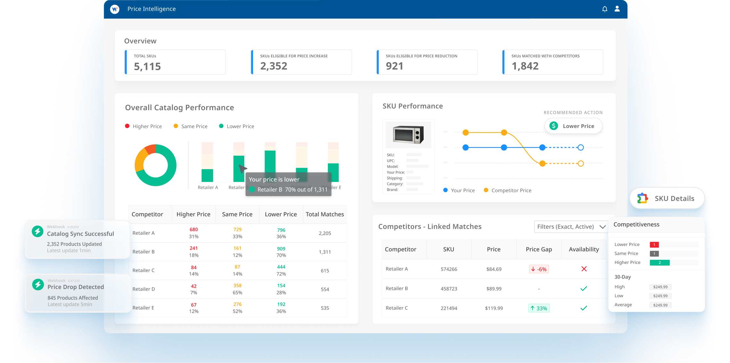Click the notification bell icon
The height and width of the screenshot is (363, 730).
[605, 9]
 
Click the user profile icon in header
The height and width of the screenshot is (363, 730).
[617, 9]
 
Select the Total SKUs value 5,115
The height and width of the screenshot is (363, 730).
[147, 66]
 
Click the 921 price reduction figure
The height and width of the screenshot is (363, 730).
[394, 66]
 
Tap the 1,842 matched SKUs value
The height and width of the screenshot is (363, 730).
[525, 66]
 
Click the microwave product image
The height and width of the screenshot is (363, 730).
[408, 134]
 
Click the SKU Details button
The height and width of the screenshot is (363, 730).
[667, 198]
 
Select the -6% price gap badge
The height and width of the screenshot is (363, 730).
[539, 269]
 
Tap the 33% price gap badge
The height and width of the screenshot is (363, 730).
[539, 308]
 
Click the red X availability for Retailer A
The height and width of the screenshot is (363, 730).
[584, 269]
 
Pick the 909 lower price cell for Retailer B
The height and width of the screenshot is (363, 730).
[281, 249]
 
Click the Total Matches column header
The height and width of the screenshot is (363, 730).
[324, 214]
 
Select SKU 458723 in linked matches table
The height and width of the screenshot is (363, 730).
[449, 289]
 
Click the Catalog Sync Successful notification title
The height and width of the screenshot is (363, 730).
[80, 234]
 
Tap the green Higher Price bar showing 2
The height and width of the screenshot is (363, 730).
[659, 263]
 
